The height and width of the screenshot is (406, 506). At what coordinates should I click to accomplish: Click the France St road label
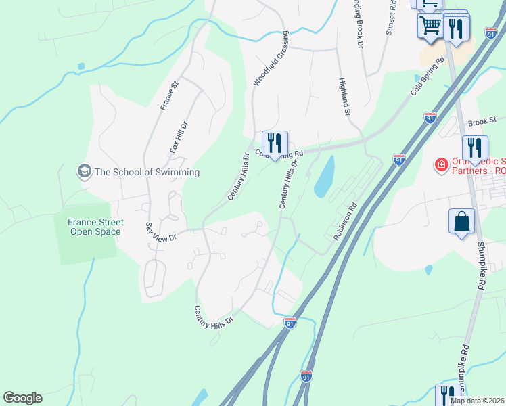coord(168,95)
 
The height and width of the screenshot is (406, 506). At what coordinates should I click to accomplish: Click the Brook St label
coord(482,122)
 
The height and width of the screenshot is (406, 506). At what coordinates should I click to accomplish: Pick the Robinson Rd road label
coord(344,223)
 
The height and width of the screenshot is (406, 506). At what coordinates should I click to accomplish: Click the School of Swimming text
coord(147,172)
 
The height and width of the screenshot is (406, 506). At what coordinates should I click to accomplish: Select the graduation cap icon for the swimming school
coord(84,171)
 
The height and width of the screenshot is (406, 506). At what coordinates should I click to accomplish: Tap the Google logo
coord(22,398)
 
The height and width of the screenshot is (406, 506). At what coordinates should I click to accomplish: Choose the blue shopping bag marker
coord(461,221)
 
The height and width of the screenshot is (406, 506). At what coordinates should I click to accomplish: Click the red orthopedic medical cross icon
coord(441,165)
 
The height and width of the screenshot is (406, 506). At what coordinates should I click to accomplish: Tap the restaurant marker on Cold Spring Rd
coord(275,143)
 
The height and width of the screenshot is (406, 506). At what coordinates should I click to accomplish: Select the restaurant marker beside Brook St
coord(475,148)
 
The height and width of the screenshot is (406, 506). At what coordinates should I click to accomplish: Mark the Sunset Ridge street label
coord(391,17)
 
